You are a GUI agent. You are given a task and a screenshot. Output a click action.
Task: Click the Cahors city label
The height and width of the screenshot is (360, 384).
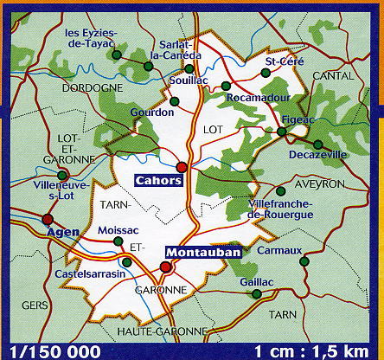coord(157,180)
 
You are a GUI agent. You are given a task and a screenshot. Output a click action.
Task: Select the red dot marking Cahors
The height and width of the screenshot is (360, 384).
coord(182,167)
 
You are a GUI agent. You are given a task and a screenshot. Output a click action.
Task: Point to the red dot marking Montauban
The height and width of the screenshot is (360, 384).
coord(168,267)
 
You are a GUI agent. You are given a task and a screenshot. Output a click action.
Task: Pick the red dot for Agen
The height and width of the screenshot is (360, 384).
coord(48,219)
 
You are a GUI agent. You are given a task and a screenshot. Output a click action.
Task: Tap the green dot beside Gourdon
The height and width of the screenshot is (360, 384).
coord(174,102)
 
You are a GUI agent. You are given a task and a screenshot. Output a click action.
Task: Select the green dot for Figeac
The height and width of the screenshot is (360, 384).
coord(282,132)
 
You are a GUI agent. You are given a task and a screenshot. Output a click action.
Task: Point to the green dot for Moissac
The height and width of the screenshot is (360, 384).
coord(118,242)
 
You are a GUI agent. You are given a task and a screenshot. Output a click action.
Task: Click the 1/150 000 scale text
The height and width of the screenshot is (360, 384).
coord(46,351)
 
